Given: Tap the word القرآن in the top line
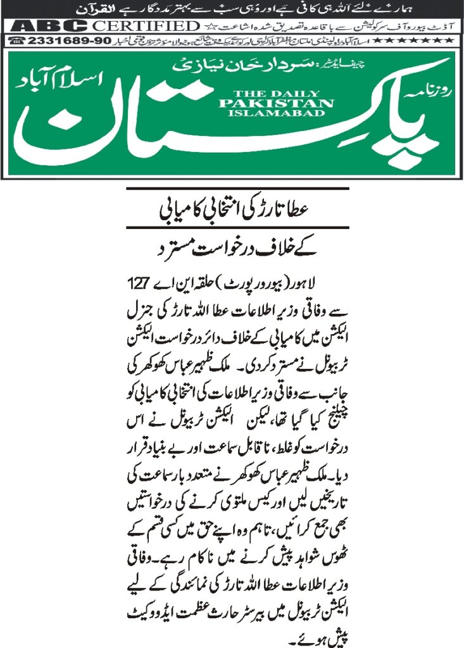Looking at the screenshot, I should [96, 10].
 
